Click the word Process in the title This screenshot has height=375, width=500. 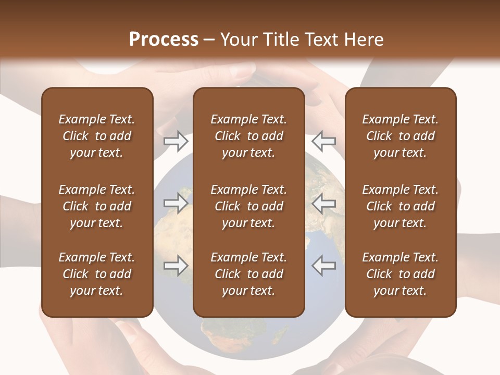click(164, 40)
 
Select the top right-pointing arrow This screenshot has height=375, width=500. click(176, 141)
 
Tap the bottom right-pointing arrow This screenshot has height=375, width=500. click(176, 266)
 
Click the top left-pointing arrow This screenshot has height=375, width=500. click(323, 141)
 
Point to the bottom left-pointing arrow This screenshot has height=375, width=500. click(323, 266)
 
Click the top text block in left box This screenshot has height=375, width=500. click(97, 136)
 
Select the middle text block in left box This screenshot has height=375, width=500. click(97, 206)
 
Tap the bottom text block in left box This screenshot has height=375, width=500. click(97, 274)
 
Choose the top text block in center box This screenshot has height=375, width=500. click(248, 136)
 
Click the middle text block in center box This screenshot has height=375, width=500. click(248, 206)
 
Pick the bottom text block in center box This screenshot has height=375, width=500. click(248, 274)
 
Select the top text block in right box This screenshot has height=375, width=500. click(401, 136)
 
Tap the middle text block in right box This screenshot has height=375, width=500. click(401, 206)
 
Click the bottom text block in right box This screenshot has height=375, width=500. click(401, 274)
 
